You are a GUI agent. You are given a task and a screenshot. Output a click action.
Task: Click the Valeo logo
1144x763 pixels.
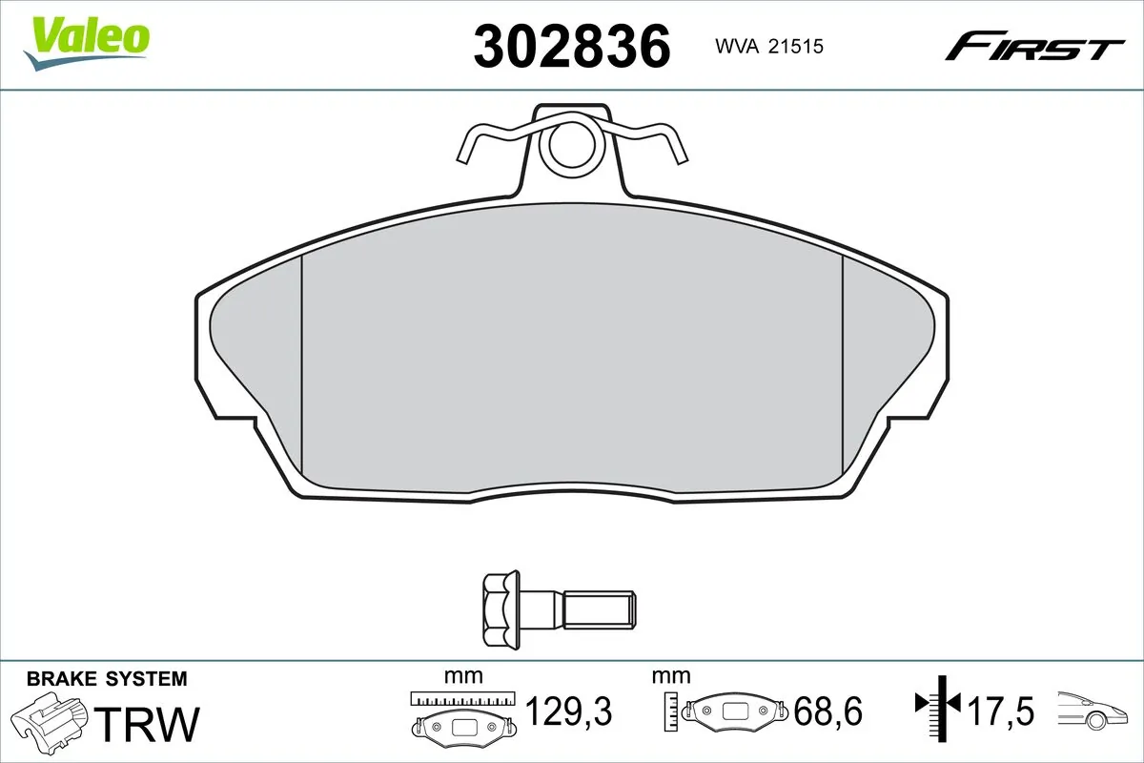coord(86,41)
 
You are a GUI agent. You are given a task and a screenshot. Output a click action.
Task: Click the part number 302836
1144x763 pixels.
coord(572,45)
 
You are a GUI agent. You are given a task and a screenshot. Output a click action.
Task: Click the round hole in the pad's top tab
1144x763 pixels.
coord(571,146)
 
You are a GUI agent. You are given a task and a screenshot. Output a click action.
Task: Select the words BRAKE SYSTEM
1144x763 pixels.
coord(107,680)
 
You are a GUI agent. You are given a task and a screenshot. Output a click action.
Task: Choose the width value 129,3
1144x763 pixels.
coord(568,711)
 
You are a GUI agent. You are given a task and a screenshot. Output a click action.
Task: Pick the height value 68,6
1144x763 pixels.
coord(827,711)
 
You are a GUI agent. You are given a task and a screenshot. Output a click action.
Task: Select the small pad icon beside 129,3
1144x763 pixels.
coord(464,726)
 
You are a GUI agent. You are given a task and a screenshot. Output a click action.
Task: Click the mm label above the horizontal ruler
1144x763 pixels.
coord(464,676)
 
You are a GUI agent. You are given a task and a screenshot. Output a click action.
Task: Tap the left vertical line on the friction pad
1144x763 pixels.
coord(301,367)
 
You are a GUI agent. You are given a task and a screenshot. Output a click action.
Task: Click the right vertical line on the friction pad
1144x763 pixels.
coord(843,367)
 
